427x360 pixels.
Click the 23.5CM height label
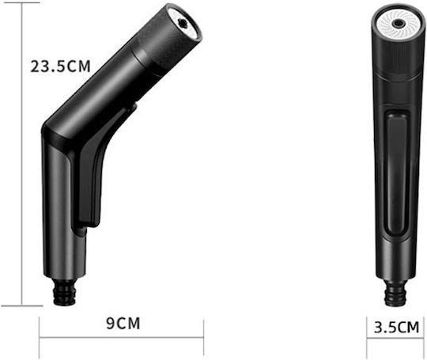click(x=60, y=66)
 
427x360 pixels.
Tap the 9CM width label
click(x=123, y=324)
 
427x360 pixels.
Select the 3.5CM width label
click(x=396, y=327)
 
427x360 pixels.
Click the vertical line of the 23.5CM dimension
click(x=21, y=154)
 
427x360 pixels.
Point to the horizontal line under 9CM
click(x=122, y=338)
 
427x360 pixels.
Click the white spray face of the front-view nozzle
click(x=398, y=24)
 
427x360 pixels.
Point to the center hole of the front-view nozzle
click(x=398, y=24)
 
